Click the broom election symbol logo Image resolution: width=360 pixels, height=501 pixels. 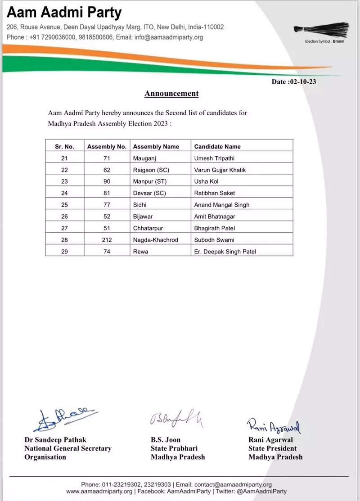pyautogui.click(x=321, y=30)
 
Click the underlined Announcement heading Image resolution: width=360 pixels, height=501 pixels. pyautogui.click(x=171, y=94)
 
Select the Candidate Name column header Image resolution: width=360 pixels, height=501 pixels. pyautogui.click(x=217, y=146)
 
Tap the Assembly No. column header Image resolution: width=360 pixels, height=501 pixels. pyautogui.click(x=107, y=146)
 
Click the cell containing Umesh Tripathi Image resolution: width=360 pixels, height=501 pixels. pyautogui.click(x=214, y=158)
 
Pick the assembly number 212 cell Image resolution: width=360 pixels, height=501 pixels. pyautogui.click(x=107, y=240)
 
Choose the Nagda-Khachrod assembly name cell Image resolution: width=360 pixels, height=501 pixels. pyautogui.click(x=156, y=240)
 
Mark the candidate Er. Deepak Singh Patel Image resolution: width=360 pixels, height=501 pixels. pyautogui.click(x=225, y=252)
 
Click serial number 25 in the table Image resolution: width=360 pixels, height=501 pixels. pyautogui.click(x=64, y=205)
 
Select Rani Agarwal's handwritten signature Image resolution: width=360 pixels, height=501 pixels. pyautogui.click(x=274, y=424)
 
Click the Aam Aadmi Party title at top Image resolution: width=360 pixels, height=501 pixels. pyautogui.click(x=64, y=13)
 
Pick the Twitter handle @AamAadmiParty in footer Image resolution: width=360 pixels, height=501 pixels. pyautogui.click(x=260, y=491)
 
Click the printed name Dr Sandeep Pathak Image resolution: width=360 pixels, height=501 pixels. pyautogui.click(x=55, y=440)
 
